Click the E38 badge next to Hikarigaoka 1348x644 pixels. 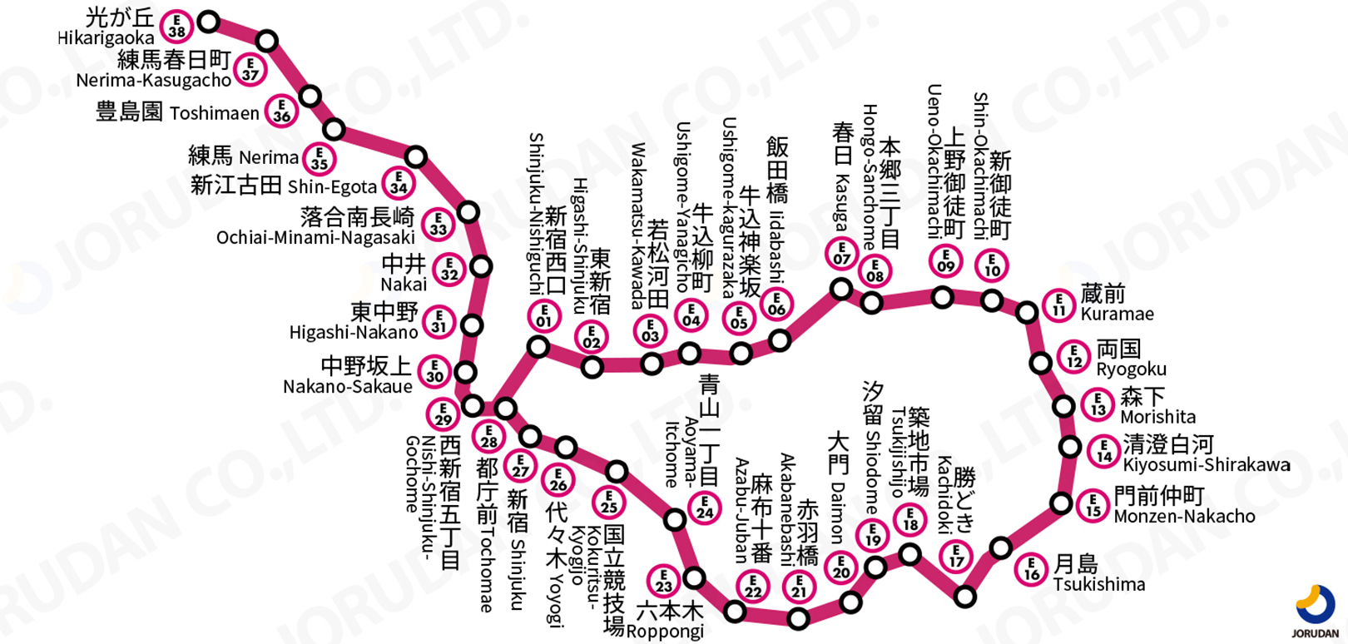click(176, 27)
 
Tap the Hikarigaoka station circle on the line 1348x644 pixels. click(209, 22)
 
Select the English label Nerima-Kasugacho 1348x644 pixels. click(154, 81)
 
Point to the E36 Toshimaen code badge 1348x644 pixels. click(282, 111)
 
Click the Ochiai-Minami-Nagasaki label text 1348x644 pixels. click(315, 238)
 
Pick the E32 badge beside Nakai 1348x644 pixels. click(449, 270)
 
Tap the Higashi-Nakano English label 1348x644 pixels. click(354, 333)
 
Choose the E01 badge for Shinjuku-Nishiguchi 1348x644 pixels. click(544, 316)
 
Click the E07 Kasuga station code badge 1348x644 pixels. click(842, 253)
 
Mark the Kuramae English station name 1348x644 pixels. click(1117, 315)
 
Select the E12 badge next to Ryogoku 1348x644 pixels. click(1074, 356)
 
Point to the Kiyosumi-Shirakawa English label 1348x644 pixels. click(1207, 465)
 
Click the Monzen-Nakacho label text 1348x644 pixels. click(1184, 517)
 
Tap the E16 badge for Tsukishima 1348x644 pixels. click(1032, 570)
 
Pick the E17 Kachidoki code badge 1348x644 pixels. click(957, 556)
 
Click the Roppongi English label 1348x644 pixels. click(665, 632)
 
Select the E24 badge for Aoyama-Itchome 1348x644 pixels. click(705, 508)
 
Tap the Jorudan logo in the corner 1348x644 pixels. click(1316, 612)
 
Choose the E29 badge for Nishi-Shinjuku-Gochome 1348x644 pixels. click(444, 414)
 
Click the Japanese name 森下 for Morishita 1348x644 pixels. click(1143, 397)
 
